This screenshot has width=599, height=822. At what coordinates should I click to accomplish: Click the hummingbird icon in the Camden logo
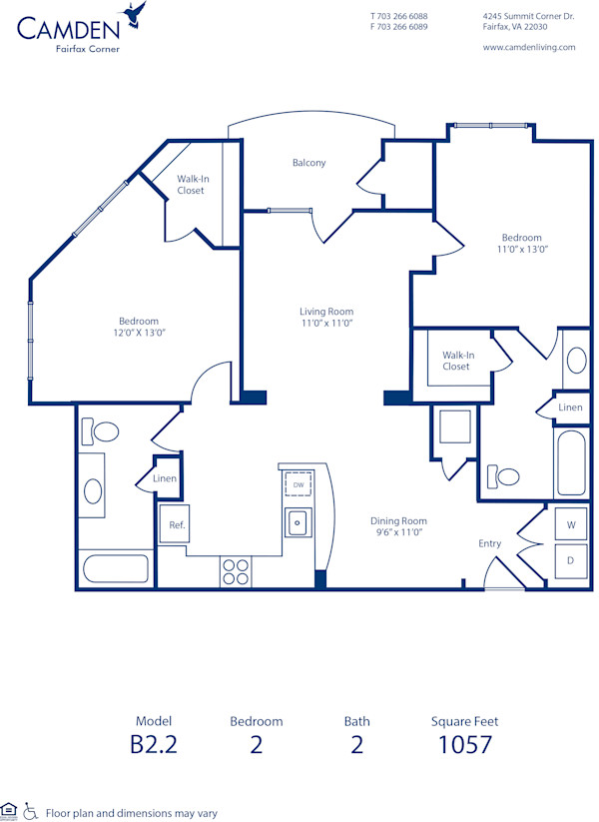click(133, 14)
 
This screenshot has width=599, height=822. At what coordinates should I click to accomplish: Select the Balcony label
click(308, 163)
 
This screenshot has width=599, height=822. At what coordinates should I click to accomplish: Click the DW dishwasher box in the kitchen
click(298, 485)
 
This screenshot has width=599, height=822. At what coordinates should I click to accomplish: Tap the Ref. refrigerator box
click(174, 524)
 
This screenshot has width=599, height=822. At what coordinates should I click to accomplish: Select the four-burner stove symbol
click(236, 571)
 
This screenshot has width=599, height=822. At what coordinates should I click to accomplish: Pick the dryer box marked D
click(571, 561)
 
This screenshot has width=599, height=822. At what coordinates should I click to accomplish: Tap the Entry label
click(489, 543)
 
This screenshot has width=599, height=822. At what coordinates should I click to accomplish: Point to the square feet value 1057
click(464, 744)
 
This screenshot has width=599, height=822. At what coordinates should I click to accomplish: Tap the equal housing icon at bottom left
click(9, 810)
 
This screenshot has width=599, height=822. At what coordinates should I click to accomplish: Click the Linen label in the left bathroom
click(165, 479)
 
